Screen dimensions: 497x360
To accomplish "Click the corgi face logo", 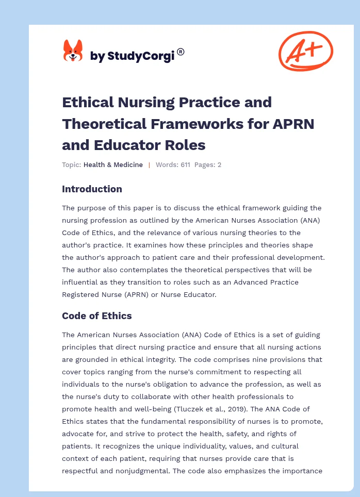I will click(73, 51).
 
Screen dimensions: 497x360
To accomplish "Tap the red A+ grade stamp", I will click(305, 51).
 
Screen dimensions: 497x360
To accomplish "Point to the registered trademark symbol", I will click(181, 52).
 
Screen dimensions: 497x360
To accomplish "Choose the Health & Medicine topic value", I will click(113, 165).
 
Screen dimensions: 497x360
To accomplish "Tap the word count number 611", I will click(185, 165).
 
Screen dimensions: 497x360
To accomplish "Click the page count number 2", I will click(219, 165).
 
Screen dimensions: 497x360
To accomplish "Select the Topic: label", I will click(71, 165).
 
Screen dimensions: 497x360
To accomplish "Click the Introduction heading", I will click(92, 189).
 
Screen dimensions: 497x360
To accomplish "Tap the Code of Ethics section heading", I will click(97, 316).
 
